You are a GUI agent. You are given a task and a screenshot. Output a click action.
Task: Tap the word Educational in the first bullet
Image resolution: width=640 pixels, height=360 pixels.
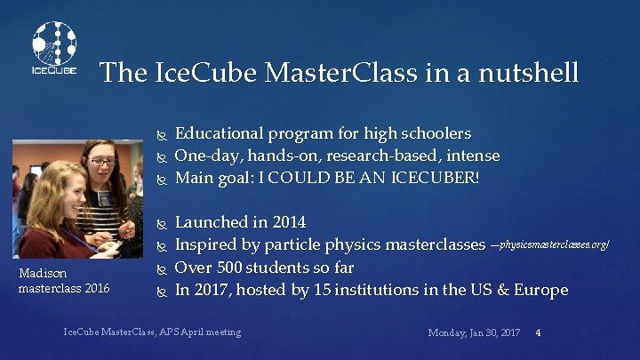click(220, 134)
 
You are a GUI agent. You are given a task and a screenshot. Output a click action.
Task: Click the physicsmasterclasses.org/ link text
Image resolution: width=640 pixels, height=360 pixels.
click(556, 244)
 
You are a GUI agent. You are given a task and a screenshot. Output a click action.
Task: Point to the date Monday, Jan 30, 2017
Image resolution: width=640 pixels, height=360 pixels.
click(474, 332)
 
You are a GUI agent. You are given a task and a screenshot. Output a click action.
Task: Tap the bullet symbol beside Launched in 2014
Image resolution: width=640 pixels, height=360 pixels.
click(162, 222)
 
